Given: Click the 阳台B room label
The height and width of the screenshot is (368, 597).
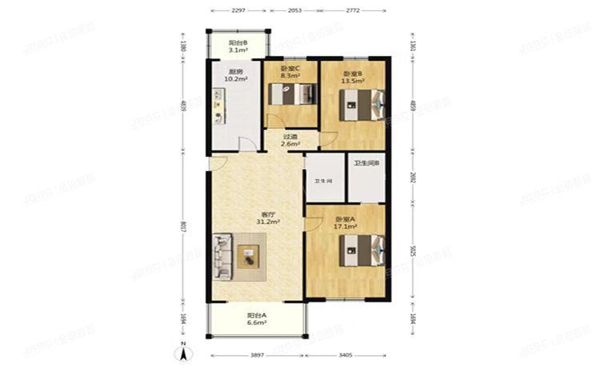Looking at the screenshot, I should coord(237,42).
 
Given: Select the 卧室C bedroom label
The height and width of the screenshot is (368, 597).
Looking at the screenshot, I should coord(290,69).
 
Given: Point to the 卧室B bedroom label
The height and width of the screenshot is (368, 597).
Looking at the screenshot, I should coord(352,70).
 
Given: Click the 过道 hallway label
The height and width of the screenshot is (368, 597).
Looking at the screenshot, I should coord(290,137).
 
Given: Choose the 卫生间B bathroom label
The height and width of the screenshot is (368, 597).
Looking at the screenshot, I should coord(367,165).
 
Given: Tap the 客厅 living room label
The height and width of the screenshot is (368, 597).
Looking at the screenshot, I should coord(270,214).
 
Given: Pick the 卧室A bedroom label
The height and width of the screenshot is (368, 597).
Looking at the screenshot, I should coord(346,218).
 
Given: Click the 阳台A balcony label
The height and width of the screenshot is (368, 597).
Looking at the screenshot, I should coord(257,315).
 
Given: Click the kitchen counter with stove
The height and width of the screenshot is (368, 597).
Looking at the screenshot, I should coord(218,109).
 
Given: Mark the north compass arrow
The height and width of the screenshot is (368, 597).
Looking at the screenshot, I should coord(183,348).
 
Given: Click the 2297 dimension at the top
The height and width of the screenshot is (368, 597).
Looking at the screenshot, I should coord(238,10).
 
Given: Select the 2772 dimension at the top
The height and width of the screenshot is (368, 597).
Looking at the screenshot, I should coord(358,10).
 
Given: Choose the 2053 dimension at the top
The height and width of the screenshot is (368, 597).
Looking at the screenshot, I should coord(294,10).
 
